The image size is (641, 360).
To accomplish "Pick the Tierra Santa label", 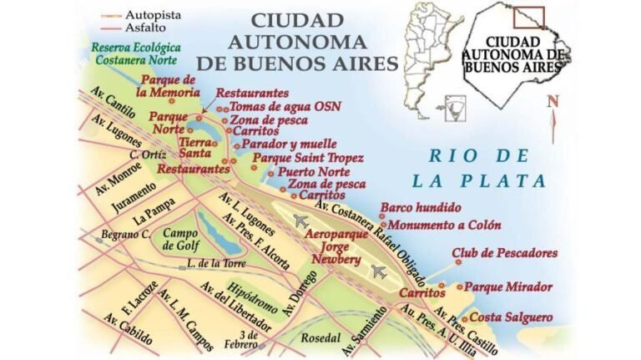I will pyautogui.click(x=195, y=147).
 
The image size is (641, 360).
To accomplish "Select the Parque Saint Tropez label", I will pyautogui.click(x=307, y=157).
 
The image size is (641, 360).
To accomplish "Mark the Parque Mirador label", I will pyautogui.click(x=508, y=286).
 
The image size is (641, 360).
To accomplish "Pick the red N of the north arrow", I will pyautogui.click(x=552, y=102).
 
